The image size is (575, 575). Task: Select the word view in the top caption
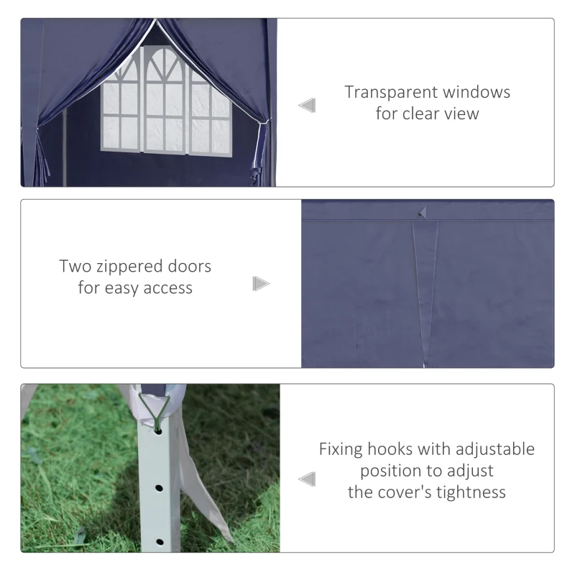pyautogui.click(x=461, y=114)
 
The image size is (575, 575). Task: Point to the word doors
pyautogui.click(x=189, y=266)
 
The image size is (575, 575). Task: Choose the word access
pyautogui.click(x=167, y=289)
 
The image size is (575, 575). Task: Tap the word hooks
pyautogui.click(x=390, y=449)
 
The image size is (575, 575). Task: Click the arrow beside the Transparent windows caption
pyautogui.click(x=307, y=106)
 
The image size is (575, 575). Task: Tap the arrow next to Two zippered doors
pyautogui.click(x=261, y=284)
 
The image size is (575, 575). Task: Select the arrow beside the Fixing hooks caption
pyautogui.click(x=307, y=479)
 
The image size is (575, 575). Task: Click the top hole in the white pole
pyautogui.click(x=158, y=432)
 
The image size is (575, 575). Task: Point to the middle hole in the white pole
pyautogui.click(x=159, y=488)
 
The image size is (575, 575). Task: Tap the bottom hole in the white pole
pyautogui.click(x=160, y=542)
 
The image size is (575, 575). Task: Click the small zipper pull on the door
pyautogui.click(x=423, y=213)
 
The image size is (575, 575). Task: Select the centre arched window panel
pyautogui.click(x=164, y=100)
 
